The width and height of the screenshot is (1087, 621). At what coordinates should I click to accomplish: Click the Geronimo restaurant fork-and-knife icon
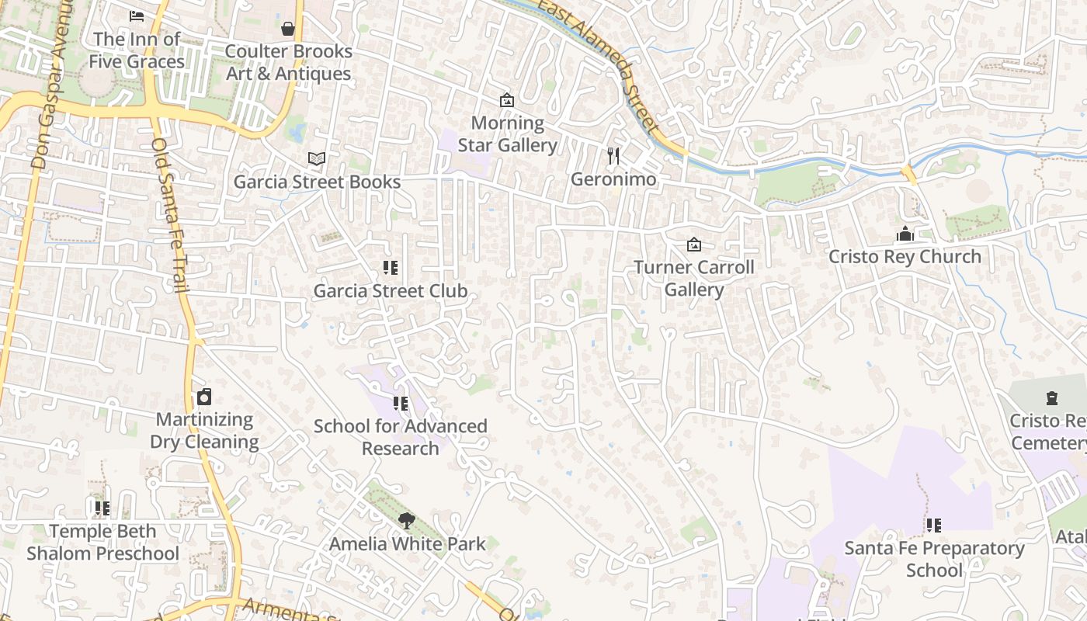pyautogui.click(x=613, y=156)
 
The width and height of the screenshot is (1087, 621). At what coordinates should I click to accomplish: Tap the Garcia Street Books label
pyautogui.click(x=318, y=182)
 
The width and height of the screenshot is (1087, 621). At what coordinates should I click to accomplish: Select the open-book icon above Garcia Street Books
pyautogui.click(x=316, y=159)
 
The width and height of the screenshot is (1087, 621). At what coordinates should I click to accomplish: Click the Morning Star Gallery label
pyautogui.click(x=508, y=134)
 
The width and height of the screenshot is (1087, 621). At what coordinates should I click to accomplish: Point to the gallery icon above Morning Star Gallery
pyautogui.click(x=507, y=100)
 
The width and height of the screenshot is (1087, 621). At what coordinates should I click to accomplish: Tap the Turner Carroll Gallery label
pyautogui.click(x=694, y=278)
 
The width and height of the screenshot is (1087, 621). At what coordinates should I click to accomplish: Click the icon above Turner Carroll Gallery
pyautogui.click(x=694, y=245)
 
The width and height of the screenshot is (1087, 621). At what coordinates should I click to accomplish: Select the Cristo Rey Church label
pyautogui.click(x=905, y=256)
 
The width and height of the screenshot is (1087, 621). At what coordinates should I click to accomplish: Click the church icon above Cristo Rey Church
pyautogui.click(x=905, y=234)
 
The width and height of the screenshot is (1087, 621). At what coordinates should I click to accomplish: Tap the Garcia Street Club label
pyautogui.click(x=391, y=291)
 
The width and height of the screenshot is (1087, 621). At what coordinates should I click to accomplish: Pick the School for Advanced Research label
pyautogui.click(x=401, y=437)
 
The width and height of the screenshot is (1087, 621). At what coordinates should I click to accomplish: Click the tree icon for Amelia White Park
pyautogui.click(x=406, y=521)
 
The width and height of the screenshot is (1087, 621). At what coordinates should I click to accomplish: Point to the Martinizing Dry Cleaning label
pyautogui.click(x=204, y=431)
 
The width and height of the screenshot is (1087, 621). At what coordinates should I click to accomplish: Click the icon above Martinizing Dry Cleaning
pyautogui.click(x=204, y=397)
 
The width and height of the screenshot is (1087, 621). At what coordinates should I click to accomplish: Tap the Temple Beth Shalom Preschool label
pyautogui.click(x=102, y=543)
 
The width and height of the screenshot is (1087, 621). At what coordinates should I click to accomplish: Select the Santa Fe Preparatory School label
pyautogui.click(x=934, y=559)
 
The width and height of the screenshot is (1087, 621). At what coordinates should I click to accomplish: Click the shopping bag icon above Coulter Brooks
pyautogui.click(x=288, y=29)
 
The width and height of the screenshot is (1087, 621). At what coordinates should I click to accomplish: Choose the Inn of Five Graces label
pyautogui.click(x=137, y=50)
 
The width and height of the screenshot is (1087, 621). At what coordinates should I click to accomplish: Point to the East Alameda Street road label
pyautogui.click(x=599, y=65)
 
